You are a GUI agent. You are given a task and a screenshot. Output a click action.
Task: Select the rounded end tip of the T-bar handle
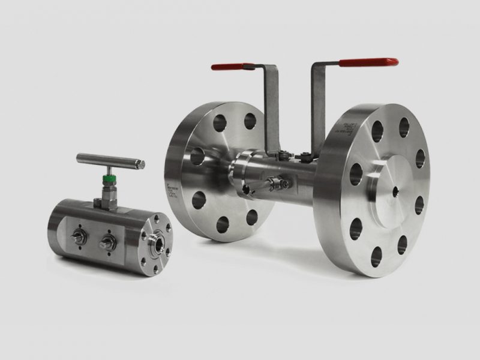143,163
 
